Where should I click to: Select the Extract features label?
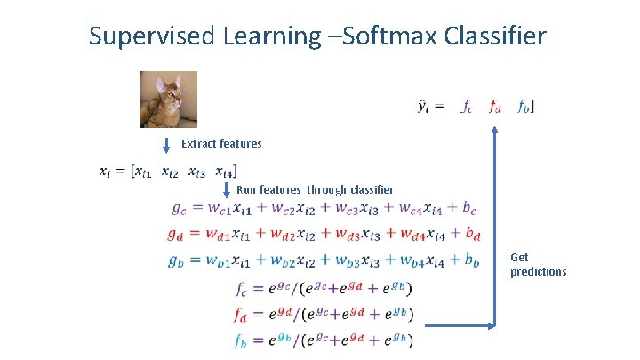(x=221, y=143)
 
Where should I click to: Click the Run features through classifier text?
(x=315, y=189)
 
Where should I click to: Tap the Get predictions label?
(x=537, y=264)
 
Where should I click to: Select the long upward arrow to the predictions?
(x=495, y=231)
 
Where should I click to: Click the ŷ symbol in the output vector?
(x=425, y=108)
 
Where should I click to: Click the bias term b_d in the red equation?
(x=471, y=236)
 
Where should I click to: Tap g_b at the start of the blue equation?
(x=177, y=261)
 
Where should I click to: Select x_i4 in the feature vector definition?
(x=226, y=171)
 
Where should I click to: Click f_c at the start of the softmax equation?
(x=243, y=289)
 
